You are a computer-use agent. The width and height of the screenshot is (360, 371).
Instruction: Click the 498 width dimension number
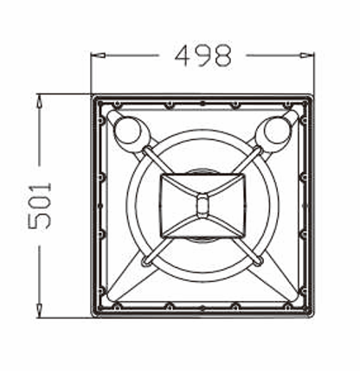(203, 55)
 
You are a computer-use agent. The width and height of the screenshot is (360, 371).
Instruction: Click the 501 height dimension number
(41, 206)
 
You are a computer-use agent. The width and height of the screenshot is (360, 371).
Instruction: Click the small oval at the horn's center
(202, 204)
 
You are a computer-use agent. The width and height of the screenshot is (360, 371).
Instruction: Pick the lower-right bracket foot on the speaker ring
(257, 259)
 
